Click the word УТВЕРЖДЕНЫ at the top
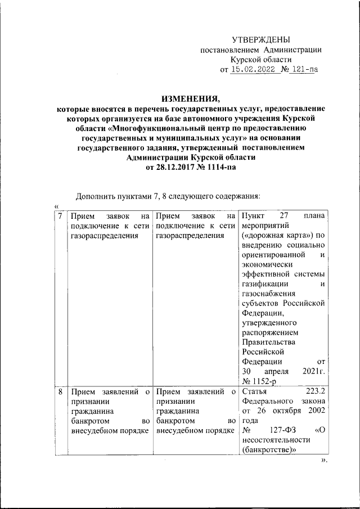[x=262, y=39]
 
